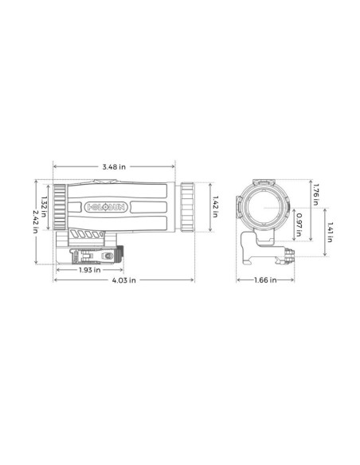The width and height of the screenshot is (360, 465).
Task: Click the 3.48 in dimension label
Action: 115,166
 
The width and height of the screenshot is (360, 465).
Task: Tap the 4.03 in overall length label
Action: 123,280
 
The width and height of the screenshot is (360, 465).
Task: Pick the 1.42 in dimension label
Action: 214,205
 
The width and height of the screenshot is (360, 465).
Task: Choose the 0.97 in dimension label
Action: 298,225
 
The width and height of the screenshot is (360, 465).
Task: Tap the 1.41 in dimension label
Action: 330,230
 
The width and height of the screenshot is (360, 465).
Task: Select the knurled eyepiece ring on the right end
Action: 186,206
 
